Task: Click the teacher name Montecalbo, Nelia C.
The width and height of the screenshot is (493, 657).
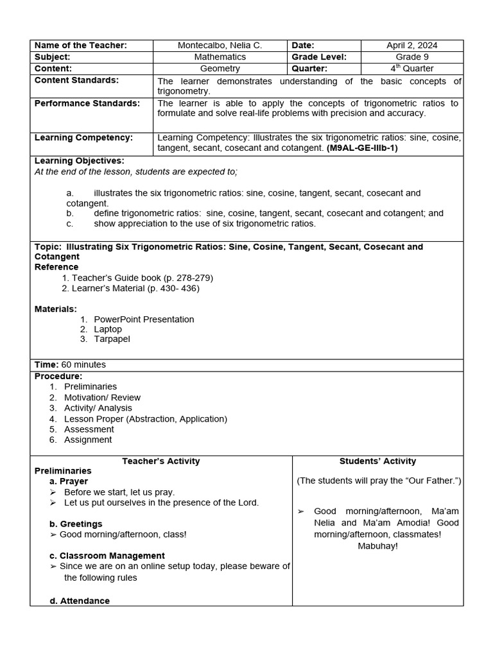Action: pos(220,46)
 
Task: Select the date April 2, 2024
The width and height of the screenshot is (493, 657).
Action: pos(411,46)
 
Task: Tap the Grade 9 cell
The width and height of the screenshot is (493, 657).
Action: pos(411,57)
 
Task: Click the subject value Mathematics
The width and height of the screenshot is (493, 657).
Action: pos(220,57)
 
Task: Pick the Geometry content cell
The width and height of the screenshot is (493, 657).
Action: pos(220,69)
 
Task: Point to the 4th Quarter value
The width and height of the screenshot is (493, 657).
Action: pos(411,69)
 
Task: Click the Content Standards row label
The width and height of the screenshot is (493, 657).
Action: pos(76,80)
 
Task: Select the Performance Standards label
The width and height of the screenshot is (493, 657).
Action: pos(87,103)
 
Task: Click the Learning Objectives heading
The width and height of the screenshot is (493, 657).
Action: pos(79,161)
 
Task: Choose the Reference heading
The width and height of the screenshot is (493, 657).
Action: pos(56,267)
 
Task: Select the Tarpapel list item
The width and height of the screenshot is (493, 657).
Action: pos(112,339)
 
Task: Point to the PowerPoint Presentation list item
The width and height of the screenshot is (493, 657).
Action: pos(144,319)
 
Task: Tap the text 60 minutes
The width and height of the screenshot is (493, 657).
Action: pos(83,364)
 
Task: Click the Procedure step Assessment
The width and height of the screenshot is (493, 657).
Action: pos(89,429)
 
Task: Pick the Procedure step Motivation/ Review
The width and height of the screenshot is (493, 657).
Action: pos(102,397)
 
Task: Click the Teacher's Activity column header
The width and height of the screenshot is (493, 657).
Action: pos(161,461)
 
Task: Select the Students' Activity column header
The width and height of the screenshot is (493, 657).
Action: pos(377,461)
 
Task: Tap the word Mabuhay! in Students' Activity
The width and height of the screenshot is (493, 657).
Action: pos(377,546)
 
